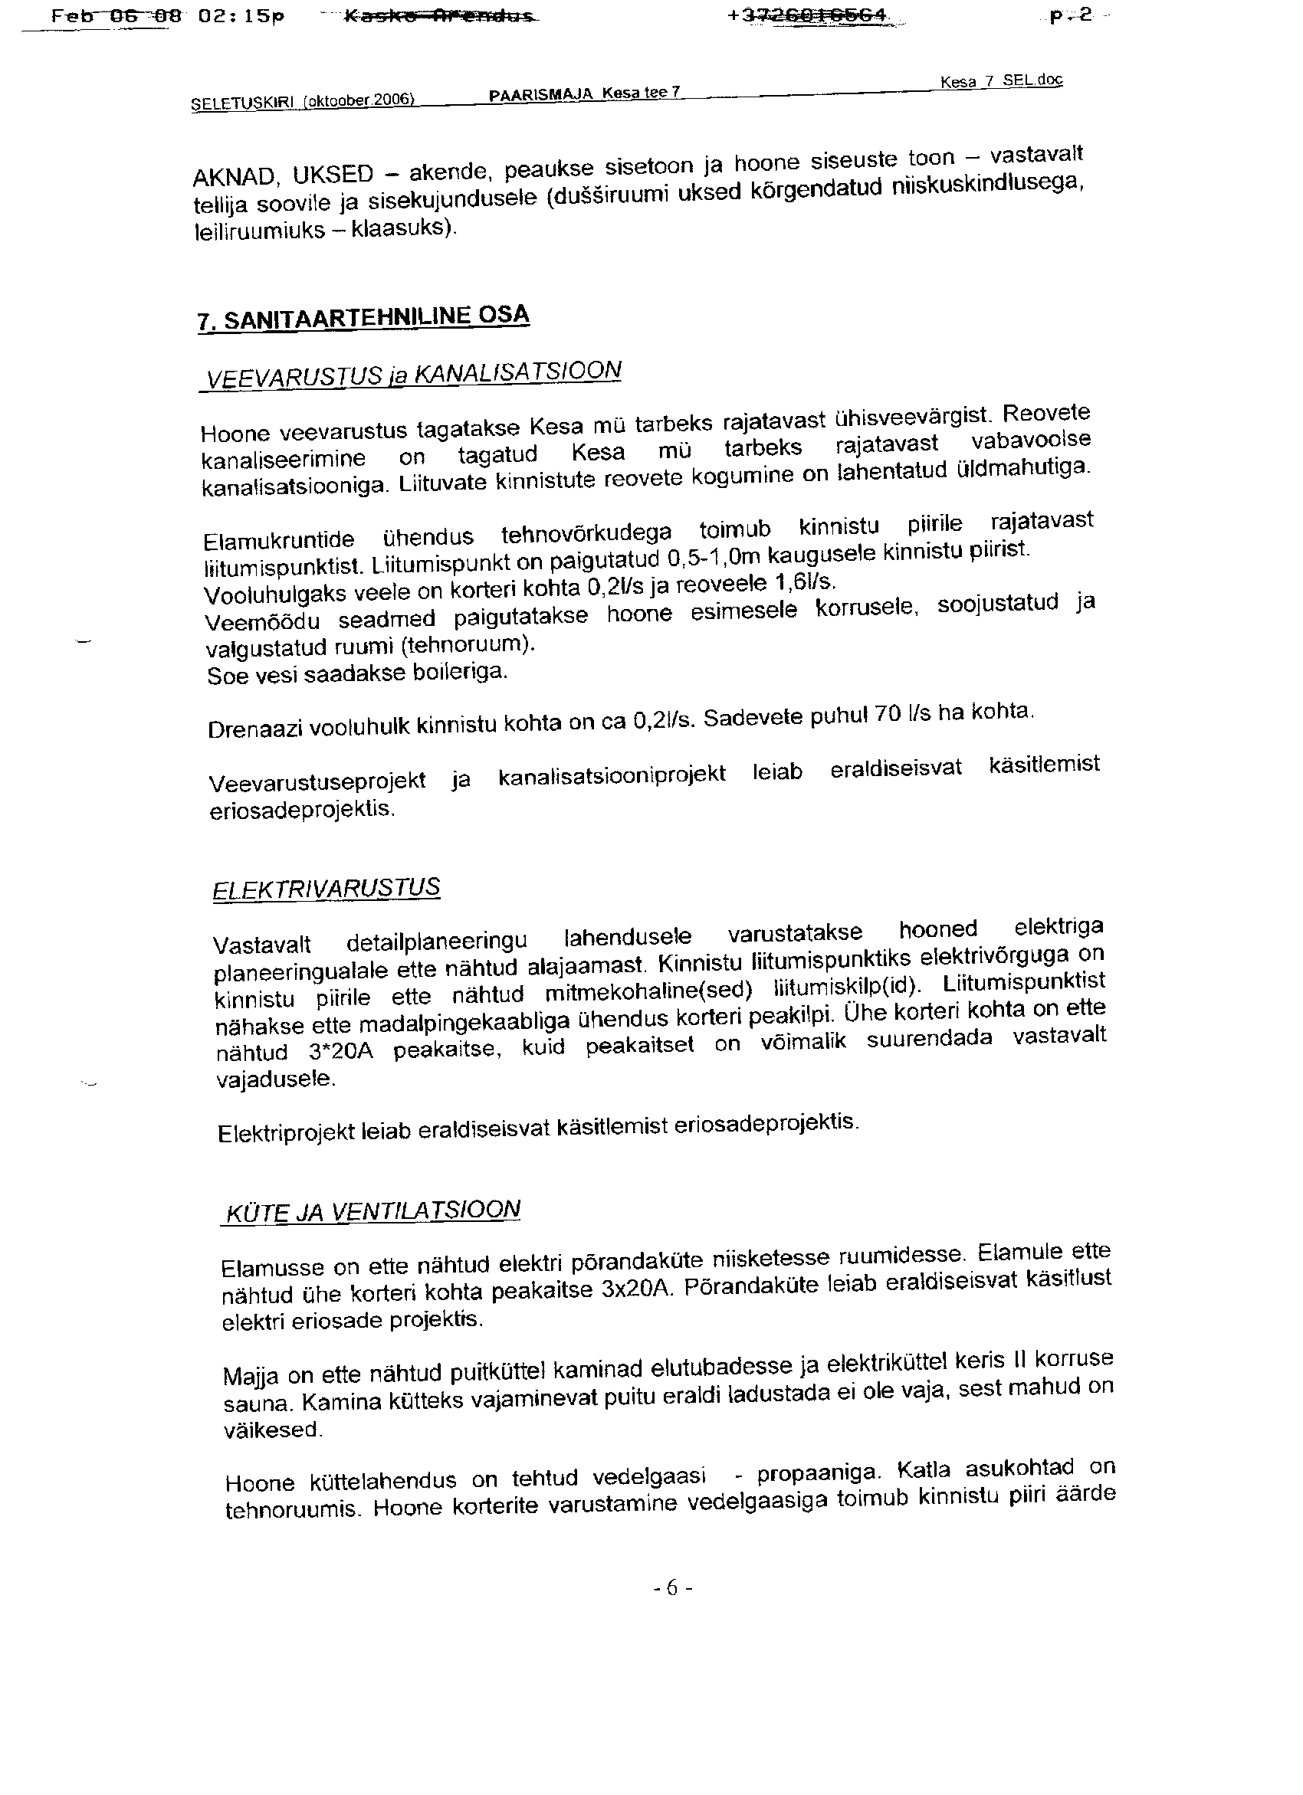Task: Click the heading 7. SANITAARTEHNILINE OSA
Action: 363,317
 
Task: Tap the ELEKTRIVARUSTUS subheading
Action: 327,889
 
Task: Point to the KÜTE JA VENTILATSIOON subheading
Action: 373,1212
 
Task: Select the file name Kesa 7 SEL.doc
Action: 1002,81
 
